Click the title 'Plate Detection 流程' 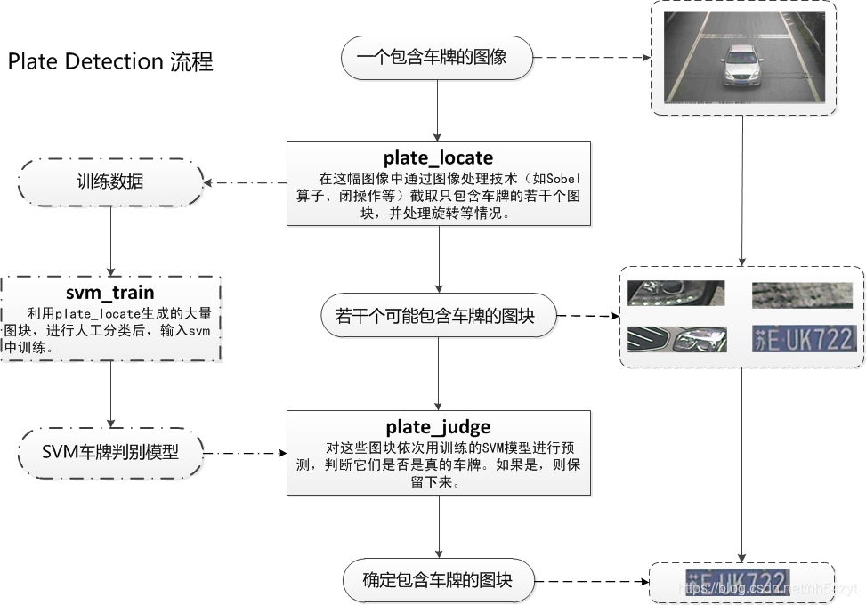point(110,61)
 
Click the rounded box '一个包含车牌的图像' point(437,58)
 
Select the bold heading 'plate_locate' point(438,158)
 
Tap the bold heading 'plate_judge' point(438,427)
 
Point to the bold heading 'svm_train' point(109,293)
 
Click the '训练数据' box point(110,182)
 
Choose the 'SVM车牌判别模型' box point(110,452)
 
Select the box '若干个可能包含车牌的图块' point(437,315)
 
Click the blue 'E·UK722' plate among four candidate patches point(804,339)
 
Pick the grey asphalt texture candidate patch point(802,294)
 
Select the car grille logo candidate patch point(676,339)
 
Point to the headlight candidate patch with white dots point(676,294)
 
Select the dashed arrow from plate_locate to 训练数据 point(245,183)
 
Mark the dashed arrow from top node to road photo point(592,59)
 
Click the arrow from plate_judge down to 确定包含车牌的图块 point(438,527)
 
